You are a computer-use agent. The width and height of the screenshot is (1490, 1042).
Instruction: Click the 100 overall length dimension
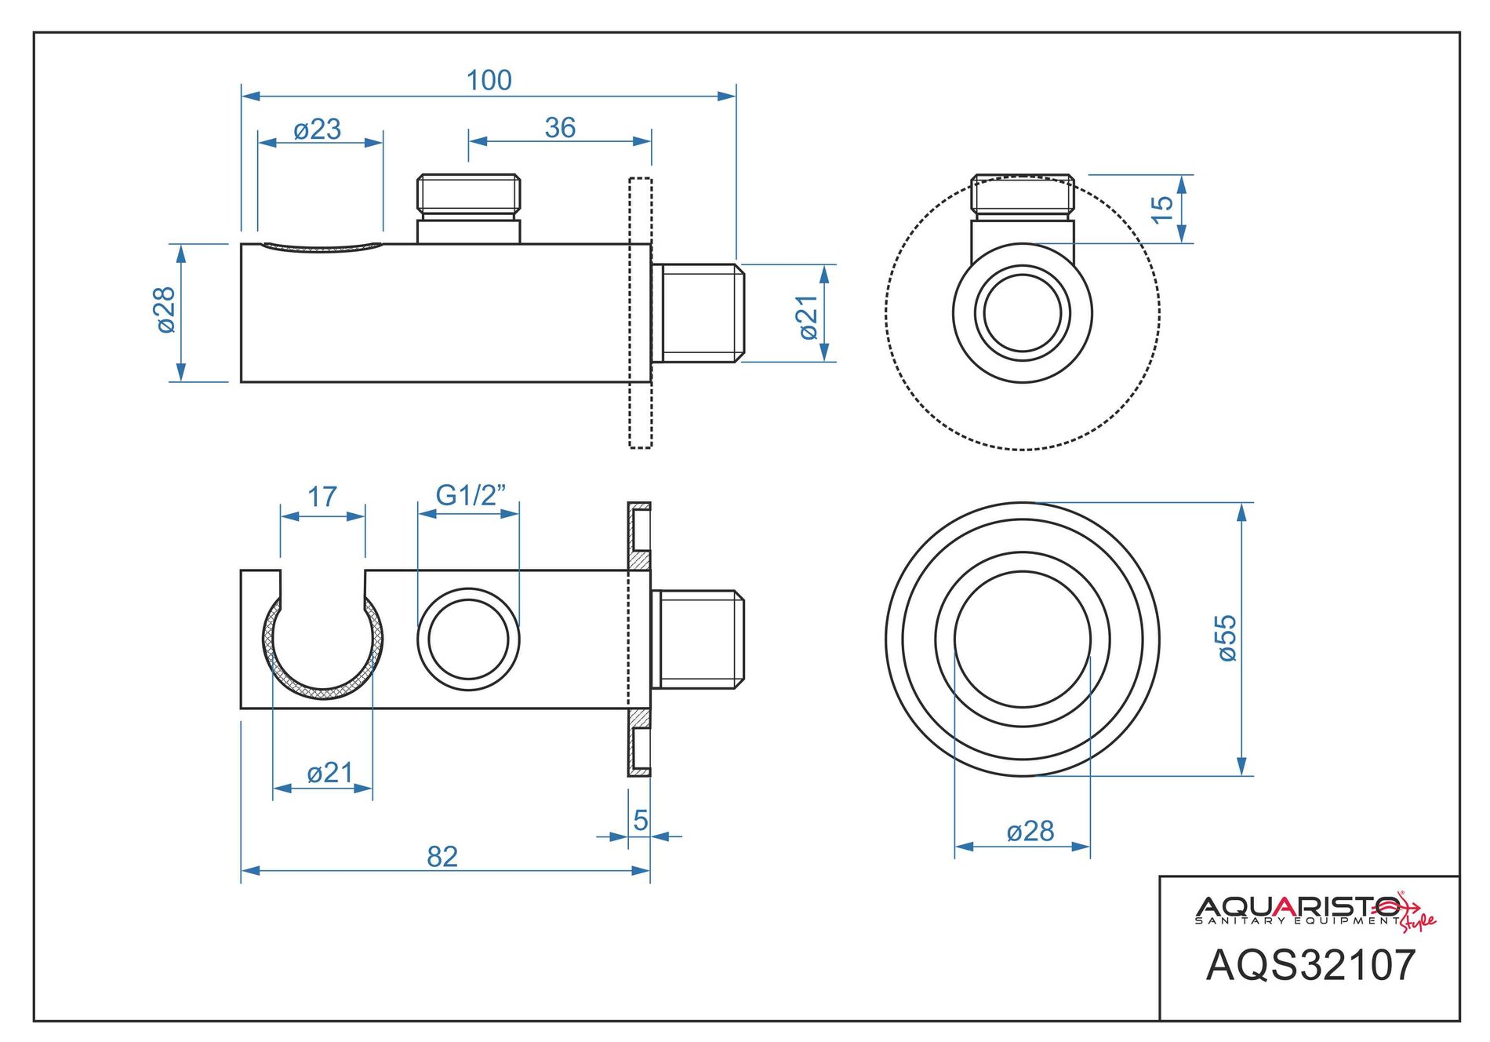(489, 80)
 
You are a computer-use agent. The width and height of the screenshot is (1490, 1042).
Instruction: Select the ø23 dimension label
(318, 129)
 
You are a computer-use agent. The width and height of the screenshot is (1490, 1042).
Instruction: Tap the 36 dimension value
(560, 128)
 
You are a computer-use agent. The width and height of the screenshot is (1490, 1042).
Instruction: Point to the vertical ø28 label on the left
(165, 310)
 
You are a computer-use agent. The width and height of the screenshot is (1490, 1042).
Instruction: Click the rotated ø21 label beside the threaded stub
(807, 318)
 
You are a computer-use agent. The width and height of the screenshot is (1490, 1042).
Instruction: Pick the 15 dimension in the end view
(1162, 208)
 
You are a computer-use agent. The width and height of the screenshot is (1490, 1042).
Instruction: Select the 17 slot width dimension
(322, 497)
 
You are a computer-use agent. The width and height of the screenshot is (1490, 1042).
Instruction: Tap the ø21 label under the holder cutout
(330, 773)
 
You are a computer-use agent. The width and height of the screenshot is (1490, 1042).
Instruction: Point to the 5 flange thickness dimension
(641, 821)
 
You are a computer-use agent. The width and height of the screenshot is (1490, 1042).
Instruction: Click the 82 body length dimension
(442, 857)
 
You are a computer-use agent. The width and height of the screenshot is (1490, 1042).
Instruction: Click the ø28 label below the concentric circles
(1030, 831)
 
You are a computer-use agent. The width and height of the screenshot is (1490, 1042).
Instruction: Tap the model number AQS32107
(1310, 965)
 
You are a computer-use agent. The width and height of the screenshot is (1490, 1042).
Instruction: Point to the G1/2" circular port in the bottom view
(468, 639)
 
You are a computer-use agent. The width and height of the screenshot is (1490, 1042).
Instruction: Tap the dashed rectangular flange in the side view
(640, 313)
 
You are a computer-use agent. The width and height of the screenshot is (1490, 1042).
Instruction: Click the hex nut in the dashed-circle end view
(1023, 194)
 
